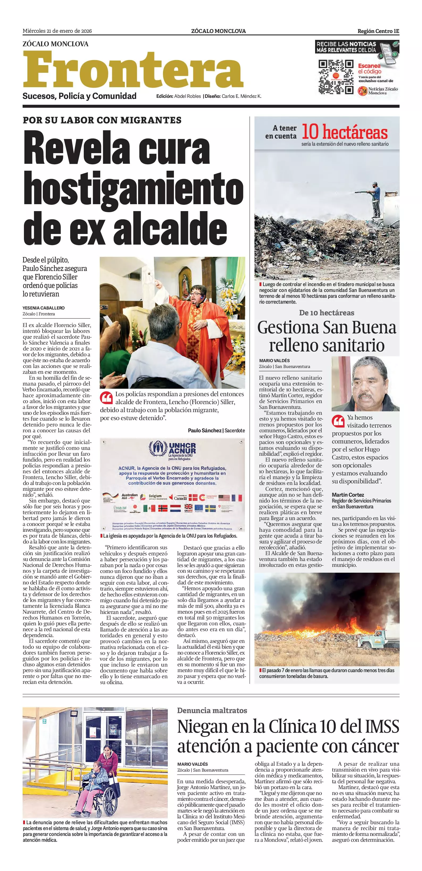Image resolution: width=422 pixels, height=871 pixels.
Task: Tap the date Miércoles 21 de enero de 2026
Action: click(57, 31)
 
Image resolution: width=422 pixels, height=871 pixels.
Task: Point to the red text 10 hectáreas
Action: click(344, 132)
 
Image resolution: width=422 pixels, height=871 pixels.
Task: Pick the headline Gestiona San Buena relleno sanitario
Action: click(327, 336)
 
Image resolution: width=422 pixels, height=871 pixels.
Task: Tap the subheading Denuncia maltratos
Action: click(212, 710)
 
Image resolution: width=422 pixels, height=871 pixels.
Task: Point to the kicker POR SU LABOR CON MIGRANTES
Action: click(102, 120)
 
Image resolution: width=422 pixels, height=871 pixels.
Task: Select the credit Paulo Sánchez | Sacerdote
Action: click(216, 430)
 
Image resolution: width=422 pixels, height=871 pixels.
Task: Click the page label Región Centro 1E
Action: click(378, 31)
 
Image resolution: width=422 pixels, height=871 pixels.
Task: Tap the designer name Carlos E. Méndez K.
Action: click(241, 96)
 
